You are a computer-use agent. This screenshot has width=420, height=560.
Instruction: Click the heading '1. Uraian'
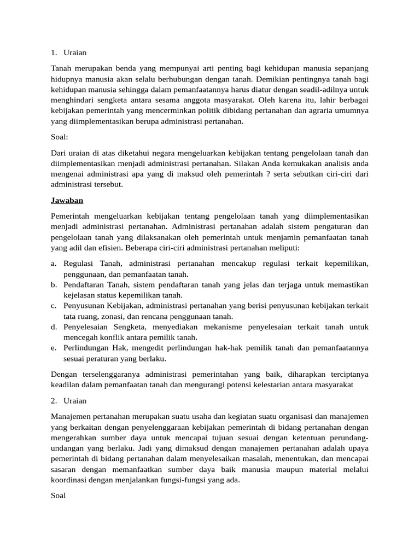[68, 53]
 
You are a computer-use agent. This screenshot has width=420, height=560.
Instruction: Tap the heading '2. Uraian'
[68, 401]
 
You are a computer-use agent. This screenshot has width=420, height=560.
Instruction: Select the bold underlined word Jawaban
[66, 201]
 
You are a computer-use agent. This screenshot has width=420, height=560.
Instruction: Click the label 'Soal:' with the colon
[59, 137]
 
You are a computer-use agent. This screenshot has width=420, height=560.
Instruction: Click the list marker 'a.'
[54, 264]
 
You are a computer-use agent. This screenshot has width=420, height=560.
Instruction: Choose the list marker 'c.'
[54, 306]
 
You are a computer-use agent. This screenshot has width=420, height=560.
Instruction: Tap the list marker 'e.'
[54, 348]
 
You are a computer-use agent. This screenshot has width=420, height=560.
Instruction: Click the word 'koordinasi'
[69, 480]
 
